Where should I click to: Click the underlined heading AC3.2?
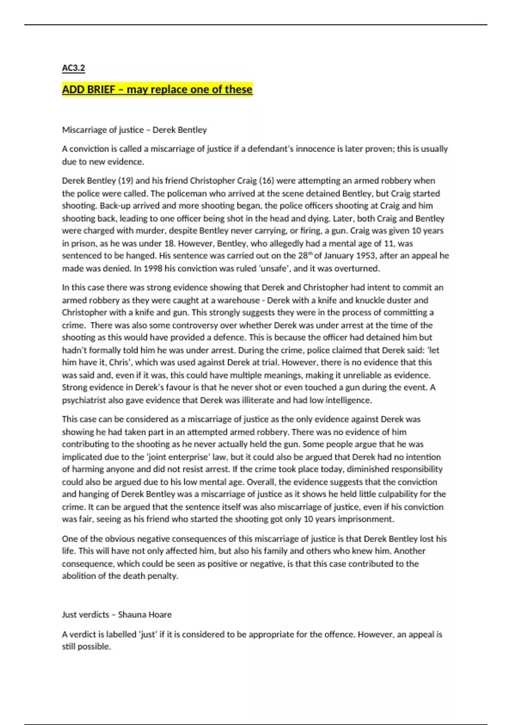(x=73, y=68)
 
